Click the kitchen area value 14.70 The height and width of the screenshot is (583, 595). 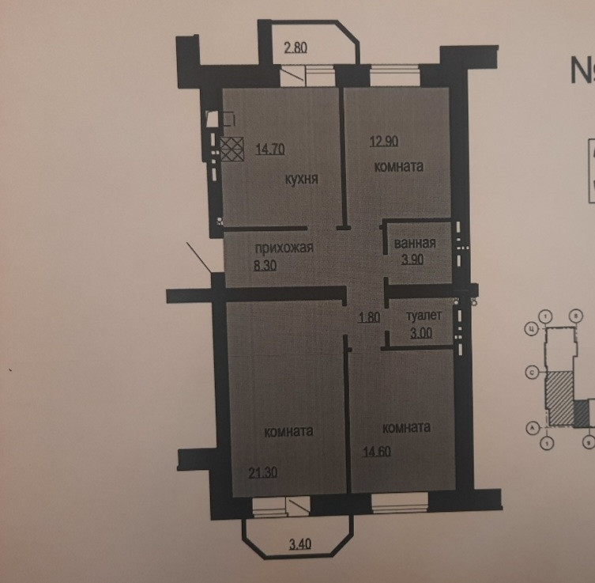pyautogui.click(x=271, y=146)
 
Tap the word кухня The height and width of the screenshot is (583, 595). pyautogui.click(x=301, y=180)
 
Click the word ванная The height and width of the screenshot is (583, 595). pyautogui.click(x=414, y=243)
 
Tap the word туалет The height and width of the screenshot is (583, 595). pyautogui.click(x=423, y=314)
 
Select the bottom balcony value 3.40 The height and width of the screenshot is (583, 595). pyautogui.click(x=300, y=545)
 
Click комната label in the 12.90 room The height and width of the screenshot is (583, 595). pyautogui.click(x=399, y=167)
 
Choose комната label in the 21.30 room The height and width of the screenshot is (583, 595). pyautogui.click(x=289, y=432)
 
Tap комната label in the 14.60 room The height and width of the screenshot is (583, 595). pyautogui.click(x=405, y=427)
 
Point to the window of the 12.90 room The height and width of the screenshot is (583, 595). pyautogui.click(x=396, y=78)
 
